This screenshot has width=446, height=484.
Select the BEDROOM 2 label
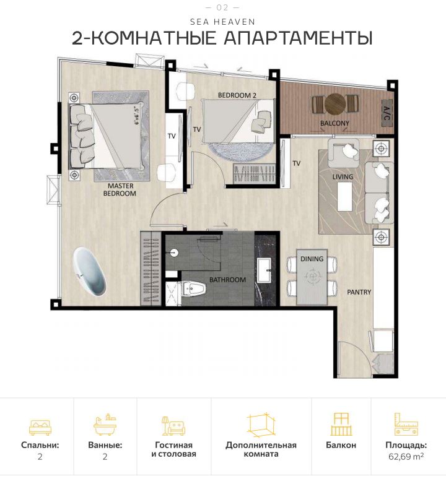237,95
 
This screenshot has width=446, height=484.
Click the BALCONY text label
334,123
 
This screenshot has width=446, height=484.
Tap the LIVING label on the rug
343,177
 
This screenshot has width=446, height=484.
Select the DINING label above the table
312,259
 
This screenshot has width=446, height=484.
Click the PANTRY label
359,292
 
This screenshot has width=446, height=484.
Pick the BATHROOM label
227,280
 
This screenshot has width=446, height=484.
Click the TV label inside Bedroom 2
197,129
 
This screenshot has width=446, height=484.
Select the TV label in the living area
296,163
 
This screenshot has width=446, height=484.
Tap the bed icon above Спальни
40,426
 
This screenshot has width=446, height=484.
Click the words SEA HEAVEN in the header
222,22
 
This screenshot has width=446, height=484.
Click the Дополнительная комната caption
261,449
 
